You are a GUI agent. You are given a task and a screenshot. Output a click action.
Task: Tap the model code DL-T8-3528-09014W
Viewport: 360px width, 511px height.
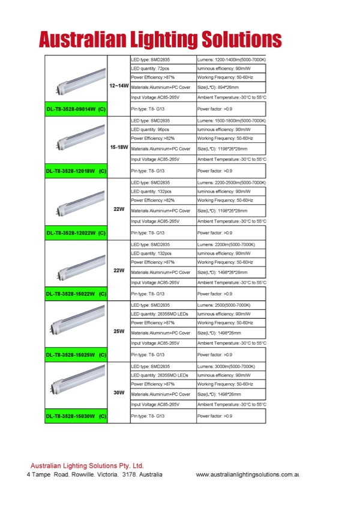[x=76, y=109]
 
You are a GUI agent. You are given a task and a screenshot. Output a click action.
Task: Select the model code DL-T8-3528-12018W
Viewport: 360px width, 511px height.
[x=76, y=171]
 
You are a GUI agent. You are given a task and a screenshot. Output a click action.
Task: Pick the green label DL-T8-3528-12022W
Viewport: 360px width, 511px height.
[x=76, y=232]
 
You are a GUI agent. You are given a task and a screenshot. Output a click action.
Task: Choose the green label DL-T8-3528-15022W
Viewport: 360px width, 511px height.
[x=76, y=294]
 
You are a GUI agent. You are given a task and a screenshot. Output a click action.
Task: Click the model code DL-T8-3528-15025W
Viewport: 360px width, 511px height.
[x=76, y=354]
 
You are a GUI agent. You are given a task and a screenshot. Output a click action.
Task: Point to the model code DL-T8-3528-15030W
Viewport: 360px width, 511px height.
[x=76, y=416]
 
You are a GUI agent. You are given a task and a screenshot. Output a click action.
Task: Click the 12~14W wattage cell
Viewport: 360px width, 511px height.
[x=118, y=86]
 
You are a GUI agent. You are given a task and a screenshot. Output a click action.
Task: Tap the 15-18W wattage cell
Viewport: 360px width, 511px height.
[x=118, y=148]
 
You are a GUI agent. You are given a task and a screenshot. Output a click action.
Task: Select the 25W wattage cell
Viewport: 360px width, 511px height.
[x=118, y=331]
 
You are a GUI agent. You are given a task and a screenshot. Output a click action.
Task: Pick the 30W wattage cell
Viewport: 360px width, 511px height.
[x=118, y=392]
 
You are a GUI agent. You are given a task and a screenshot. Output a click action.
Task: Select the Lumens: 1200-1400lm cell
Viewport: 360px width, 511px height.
[x=231, y=61]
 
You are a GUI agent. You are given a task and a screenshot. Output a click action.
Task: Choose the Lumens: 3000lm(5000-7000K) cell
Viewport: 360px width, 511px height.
[x=231, y=366]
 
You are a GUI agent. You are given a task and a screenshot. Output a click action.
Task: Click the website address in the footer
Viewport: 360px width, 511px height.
[x=247, y=475]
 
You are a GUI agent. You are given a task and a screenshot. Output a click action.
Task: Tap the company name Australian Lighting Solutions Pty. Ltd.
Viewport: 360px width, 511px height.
[x=87, y=465]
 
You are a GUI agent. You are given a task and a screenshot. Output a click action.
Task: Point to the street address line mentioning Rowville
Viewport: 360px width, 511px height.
[x=94, y=474]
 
